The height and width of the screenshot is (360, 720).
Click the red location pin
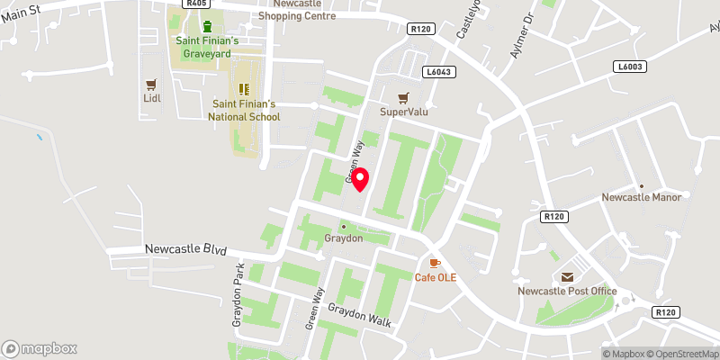(x=359, y=178)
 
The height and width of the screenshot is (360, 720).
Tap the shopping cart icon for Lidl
(x=151, y=85)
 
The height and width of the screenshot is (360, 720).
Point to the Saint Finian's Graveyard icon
(x=208, y=26)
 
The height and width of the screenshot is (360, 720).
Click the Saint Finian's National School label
(x=244, y=111)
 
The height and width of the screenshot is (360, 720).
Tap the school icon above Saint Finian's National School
(x=243, y=88)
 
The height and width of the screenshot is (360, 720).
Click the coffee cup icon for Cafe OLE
(x=435, y=262)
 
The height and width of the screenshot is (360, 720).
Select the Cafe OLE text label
(x=436, y=277)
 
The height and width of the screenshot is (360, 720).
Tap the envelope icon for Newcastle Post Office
(x=567, y=277)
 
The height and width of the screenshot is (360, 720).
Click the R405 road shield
(x=195, y=4)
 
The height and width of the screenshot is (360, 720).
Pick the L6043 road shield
(x=438, y=71)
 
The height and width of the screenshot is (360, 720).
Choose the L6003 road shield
(x=630, y=67)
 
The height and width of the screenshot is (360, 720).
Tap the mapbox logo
(x=40, y=348)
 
